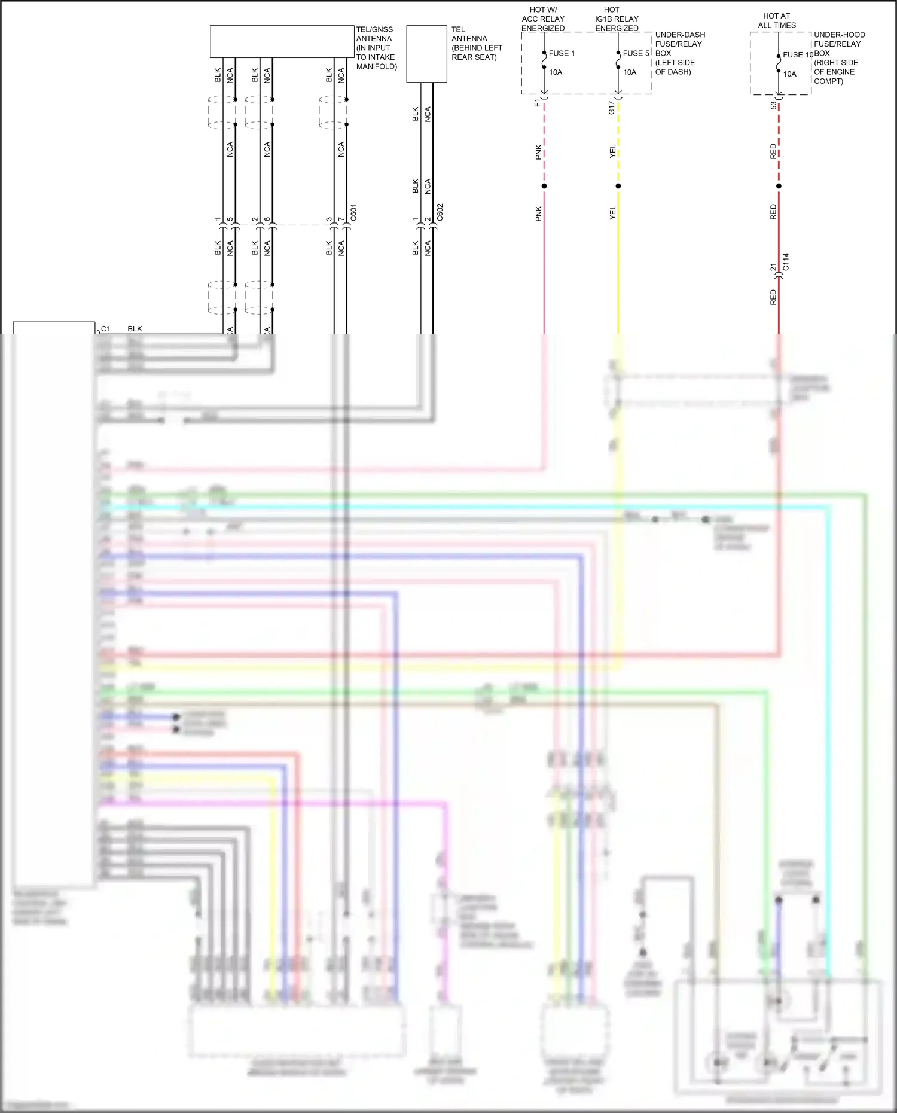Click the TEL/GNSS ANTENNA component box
tap(282, 41)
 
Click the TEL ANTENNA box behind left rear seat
tap(426, 54)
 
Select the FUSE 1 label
tap(562, 53)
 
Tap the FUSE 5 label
tap(636, 53)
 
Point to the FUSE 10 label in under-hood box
tap(797, 54)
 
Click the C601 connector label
tap(353, 212)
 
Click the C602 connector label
tap(440, 212)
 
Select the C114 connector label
tap(786, 261)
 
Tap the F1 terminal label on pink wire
tap(538, 103)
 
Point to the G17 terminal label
tap(611, 108)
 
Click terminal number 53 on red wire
tap(773, 105)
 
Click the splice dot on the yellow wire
tap(618, 186)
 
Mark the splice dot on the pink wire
tap(544, 186)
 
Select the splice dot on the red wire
tap(779, 186)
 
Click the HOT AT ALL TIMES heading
tap(776, 20)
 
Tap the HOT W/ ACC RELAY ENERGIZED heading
tap(543, 19)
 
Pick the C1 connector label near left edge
tap(106, 328)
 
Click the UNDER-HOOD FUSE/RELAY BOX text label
tap(839, 57)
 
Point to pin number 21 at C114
tap(773, 267)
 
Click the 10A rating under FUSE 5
tap(630, 72)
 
